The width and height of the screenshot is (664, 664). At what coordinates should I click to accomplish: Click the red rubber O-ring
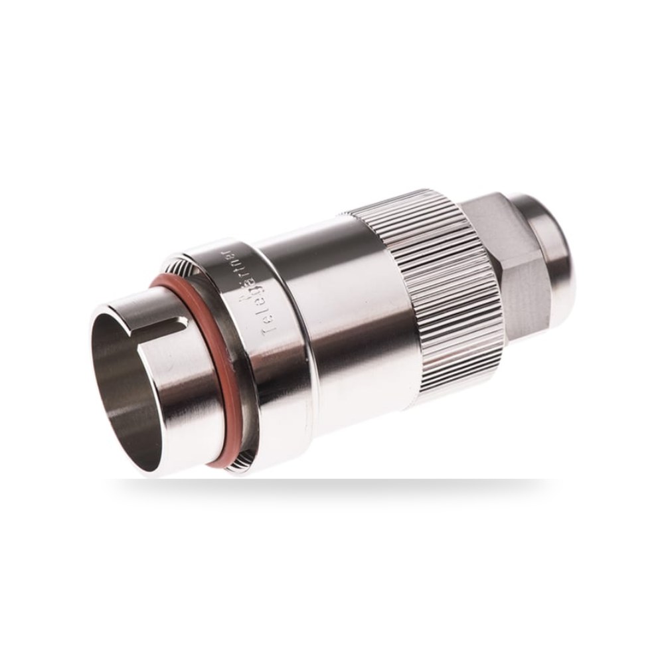199,364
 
